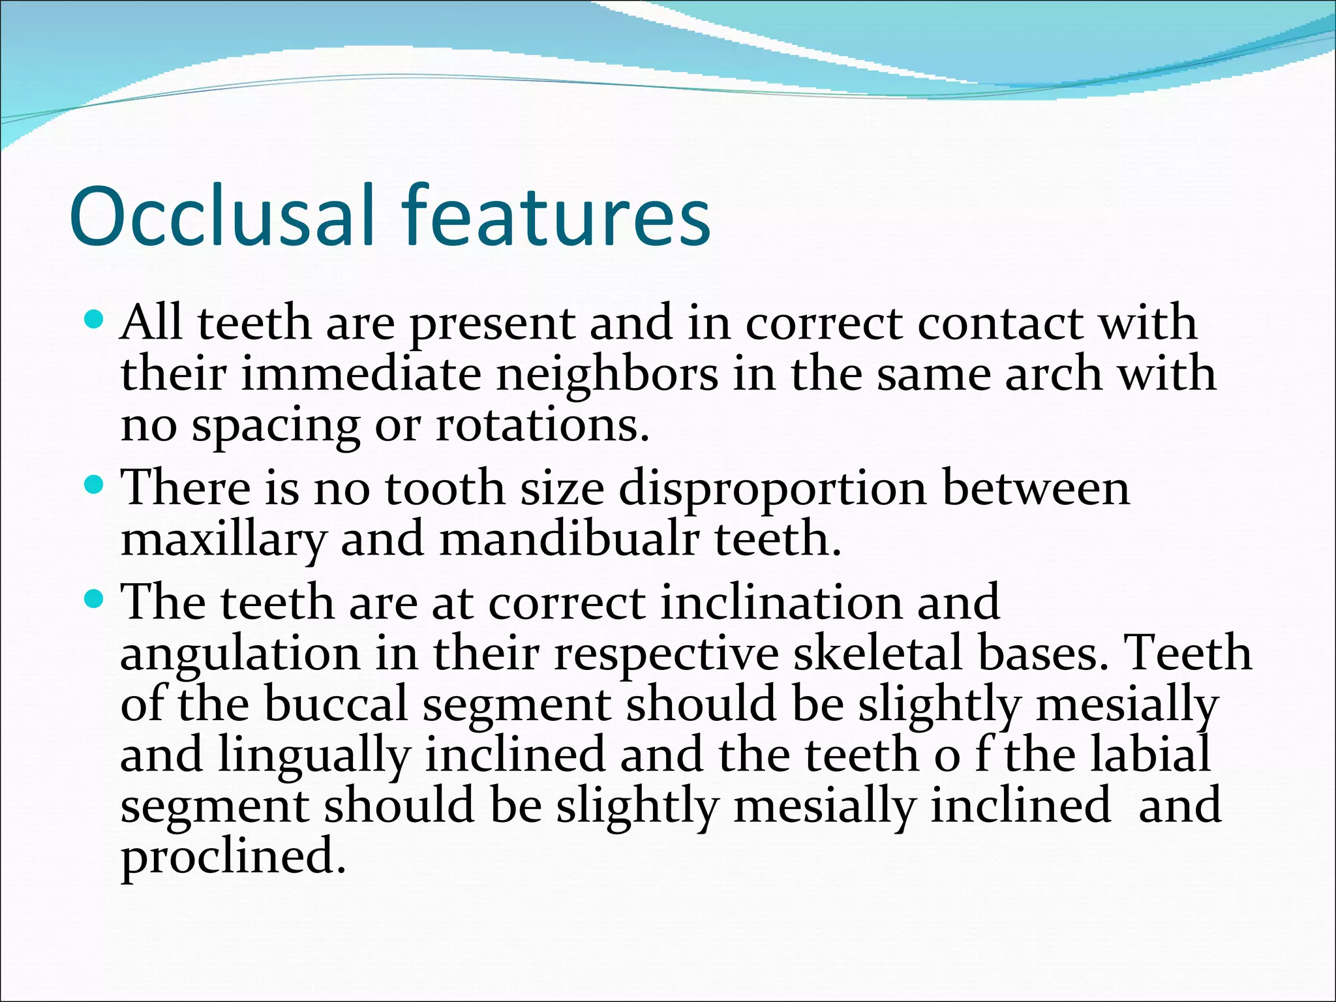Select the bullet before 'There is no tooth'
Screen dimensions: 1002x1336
95,485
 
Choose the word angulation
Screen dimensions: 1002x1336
240,654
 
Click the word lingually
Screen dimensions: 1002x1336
313,755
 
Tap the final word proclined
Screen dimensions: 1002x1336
232,857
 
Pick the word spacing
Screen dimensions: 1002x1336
275,427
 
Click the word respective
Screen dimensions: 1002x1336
666,654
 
